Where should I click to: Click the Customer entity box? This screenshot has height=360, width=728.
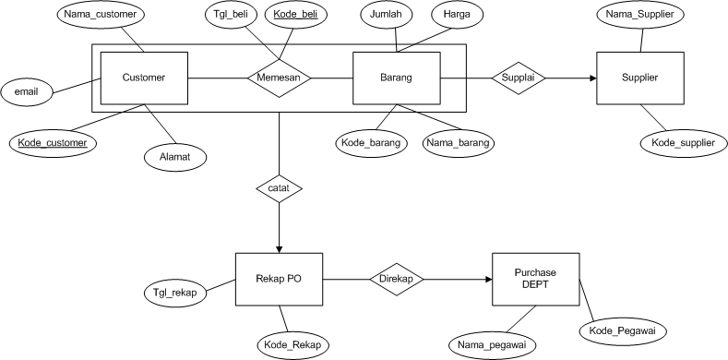(144, 78)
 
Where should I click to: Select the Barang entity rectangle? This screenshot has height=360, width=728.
(398, 78)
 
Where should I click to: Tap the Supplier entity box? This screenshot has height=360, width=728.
(640, 78)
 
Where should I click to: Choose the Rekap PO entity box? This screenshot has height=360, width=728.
(279, 279)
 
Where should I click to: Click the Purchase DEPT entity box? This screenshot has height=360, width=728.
(535, 279)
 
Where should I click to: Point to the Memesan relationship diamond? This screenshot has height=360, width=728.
(278, 78)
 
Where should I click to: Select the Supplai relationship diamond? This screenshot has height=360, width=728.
(518, 78)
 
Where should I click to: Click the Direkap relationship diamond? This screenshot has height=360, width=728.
(398, 279)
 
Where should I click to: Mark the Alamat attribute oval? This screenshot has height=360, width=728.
(173, 156)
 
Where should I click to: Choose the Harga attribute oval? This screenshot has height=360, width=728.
(458, 16)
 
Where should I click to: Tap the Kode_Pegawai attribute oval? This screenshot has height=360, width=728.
(623, 330)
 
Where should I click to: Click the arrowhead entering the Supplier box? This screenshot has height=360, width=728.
(591, 78)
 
